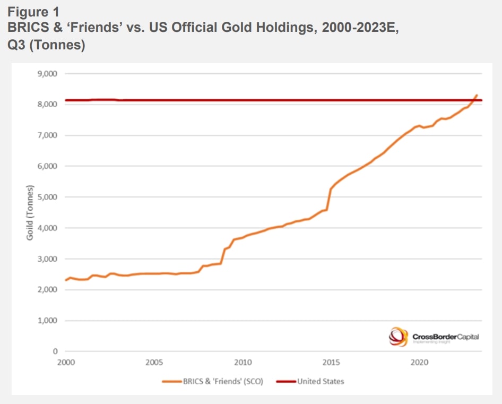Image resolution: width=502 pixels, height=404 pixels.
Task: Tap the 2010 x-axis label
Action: [x=243, y=363]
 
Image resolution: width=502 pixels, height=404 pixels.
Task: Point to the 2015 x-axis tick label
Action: [x=331, y=363]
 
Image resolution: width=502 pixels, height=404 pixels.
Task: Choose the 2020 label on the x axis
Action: [x=420, y=363]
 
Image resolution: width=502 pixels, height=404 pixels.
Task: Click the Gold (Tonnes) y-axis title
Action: [x=30, y=212]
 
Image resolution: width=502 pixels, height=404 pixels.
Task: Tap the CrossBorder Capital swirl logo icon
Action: [x=398, y=336]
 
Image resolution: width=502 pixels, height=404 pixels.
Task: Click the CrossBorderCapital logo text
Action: [x=445, y=336]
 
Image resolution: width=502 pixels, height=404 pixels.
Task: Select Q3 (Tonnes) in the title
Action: [x=46, y=45]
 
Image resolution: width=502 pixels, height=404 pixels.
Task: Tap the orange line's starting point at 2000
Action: [x=66, y=280]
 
